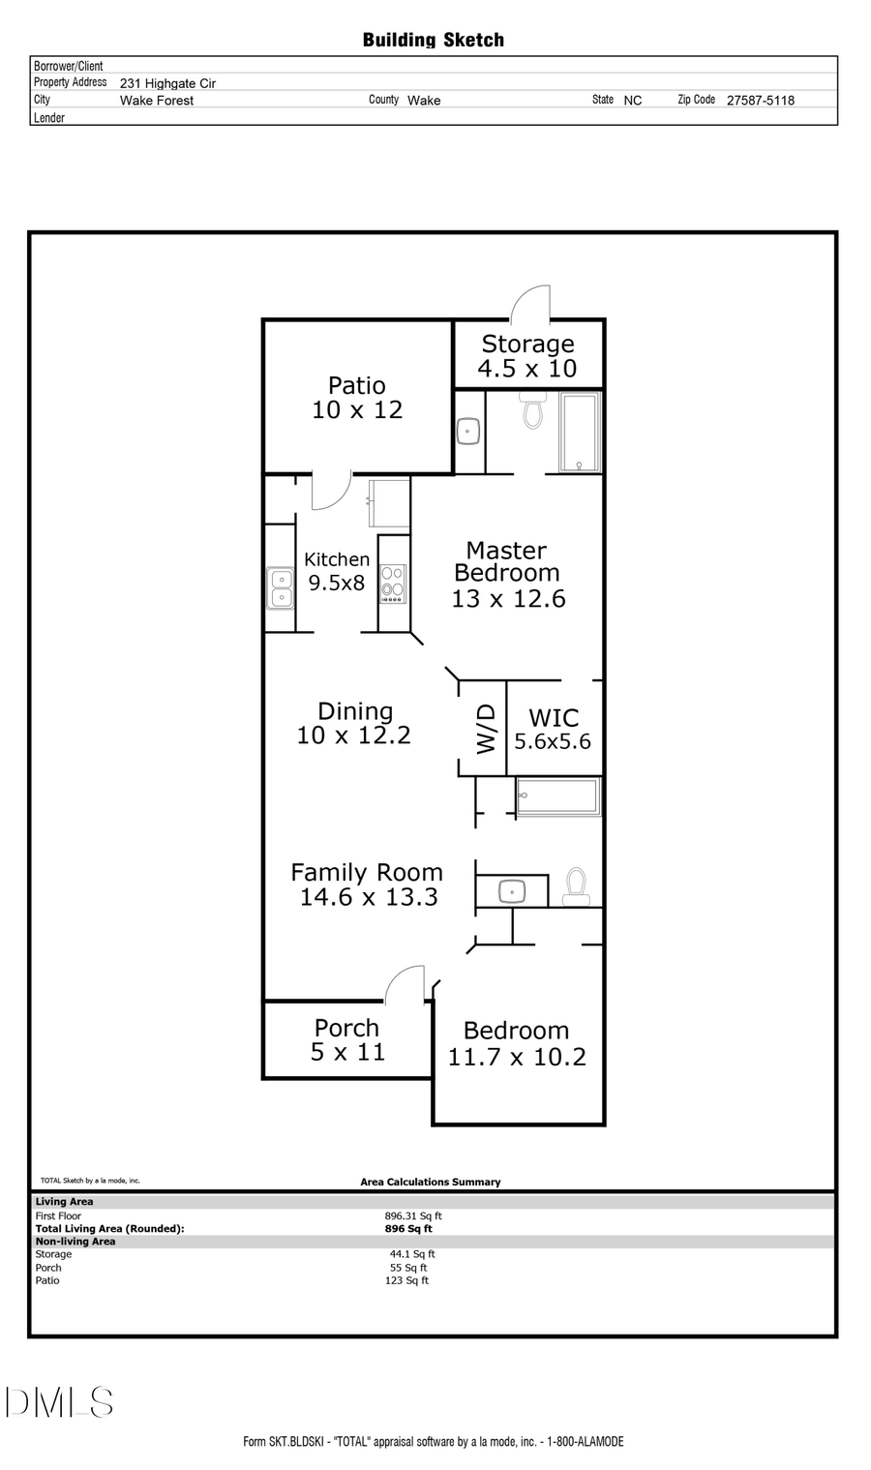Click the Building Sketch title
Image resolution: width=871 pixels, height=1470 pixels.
pyautogui.click(x=433, y=40)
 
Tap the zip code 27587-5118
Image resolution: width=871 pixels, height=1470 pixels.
pyautogui.click(x=760, y=101)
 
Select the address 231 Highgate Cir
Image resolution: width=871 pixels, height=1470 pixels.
pyautogui.click(x=167, y=84)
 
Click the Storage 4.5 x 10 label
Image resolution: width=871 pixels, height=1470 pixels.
pyautogui.click(x=527, y=356)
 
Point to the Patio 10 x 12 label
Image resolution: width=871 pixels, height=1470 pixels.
pyautogui.click(x=357, y=398)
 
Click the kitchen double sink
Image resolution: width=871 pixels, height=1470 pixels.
pyautogui.click(x=281, y=587)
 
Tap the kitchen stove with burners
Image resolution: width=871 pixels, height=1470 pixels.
pyautogui.click(x=392, y=585)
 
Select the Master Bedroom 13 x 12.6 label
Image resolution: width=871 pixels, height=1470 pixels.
pyautogui.click(x=507, y=575)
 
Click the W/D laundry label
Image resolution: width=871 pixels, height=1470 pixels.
pyautogui.click(x=486, y=729)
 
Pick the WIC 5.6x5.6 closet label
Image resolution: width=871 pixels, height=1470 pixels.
pyautogui.click(x=553, y=730)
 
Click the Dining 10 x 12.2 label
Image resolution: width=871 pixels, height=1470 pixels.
pyautogui.click(x=354, y=724)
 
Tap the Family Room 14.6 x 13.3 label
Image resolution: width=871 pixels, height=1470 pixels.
pyautogui.click(x=367, y=885)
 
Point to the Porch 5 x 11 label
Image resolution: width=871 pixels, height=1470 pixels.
pyautogui.click(x=347, y=1040)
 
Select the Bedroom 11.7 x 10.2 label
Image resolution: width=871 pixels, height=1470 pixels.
pyautogui.click(x=517, y=1044)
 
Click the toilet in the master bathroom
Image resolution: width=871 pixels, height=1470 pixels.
pyautogui.click(x=532, y=410)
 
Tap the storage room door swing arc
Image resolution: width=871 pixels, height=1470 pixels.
pyautogui.click(x=530, y=303)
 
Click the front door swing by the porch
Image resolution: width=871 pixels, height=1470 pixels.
pyautogui.click(x=405, y=983)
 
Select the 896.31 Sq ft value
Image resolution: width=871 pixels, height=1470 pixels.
pyautogui.click(x=413, y=1216)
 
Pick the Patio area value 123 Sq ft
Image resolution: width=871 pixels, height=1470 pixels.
pyautogui.click(x=406, y=1280)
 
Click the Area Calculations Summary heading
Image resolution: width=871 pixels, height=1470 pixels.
pyautogui.click(x=431, y=1182)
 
